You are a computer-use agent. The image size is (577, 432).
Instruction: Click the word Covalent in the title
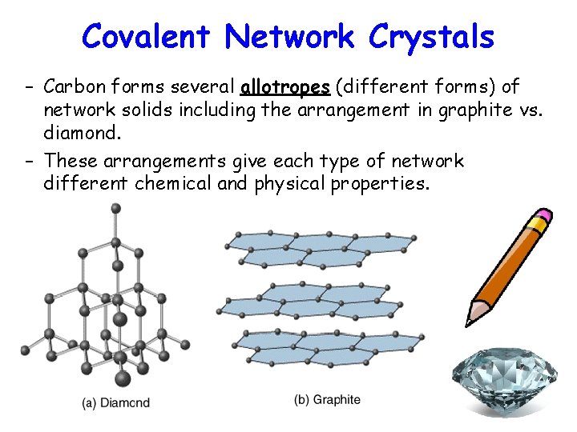pos(147,36)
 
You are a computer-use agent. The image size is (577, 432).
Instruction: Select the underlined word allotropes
pos(285,86)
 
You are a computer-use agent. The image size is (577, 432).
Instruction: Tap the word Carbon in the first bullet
pos(73,86)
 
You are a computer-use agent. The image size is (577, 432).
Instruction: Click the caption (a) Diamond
pos(116,403)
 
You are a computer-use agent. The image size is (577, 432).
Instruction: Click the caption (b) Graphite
pos(328,399)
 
